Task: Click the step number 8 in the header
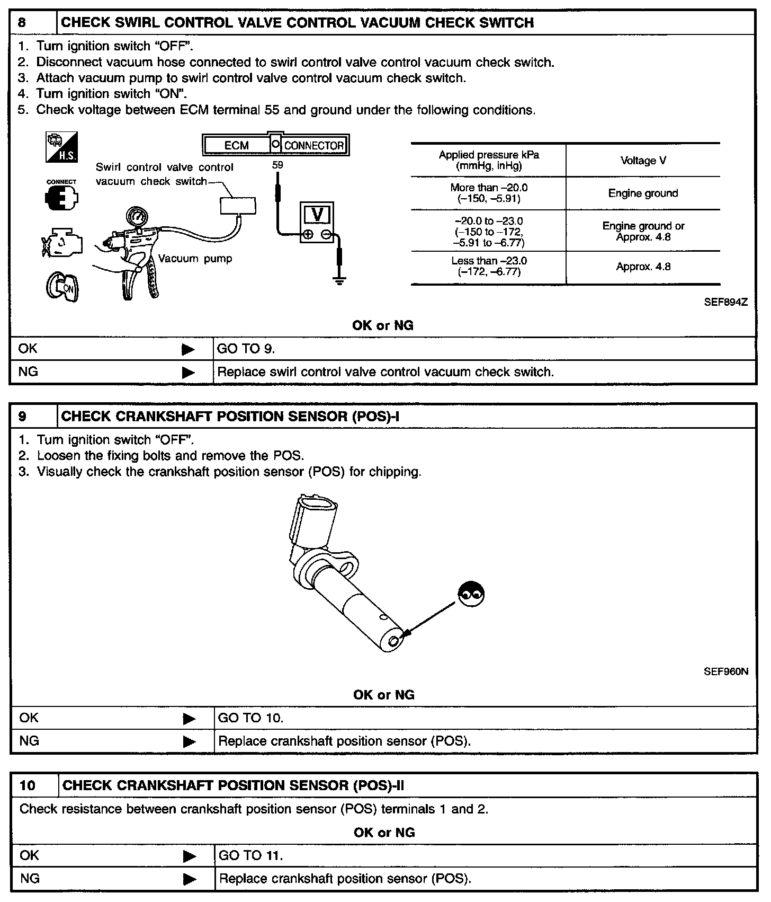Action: (22, 23)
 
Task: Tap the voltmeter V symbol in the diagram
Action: (317, 215)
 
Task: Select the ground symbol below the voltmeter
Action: (339, 279)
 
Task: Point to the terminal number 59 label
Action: (277, 165)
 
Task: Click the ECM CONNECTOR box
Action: (275, 145)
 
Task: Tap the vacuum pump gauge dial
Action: (137, 217)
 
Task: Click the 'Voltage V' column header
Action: (643, 161)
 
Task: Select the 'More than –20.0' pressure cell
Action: (489, 193)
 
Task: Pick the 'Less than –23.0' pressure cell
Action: (489, 267)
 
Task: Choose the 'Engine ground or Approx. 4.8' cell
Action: (643, 232)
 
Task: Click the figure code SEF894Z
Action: (725, 302)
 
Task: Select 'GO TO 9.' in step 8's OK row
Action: (246, 349)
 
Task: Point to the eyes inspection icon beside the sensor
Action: (471, 594)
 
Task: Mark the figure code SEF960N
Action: (726, 671)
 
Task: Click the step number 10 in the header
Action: (27, 785)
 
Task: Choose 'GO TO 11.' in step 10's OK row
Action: (251, 855)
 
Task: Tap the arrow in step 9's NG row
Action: (189, 741)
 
